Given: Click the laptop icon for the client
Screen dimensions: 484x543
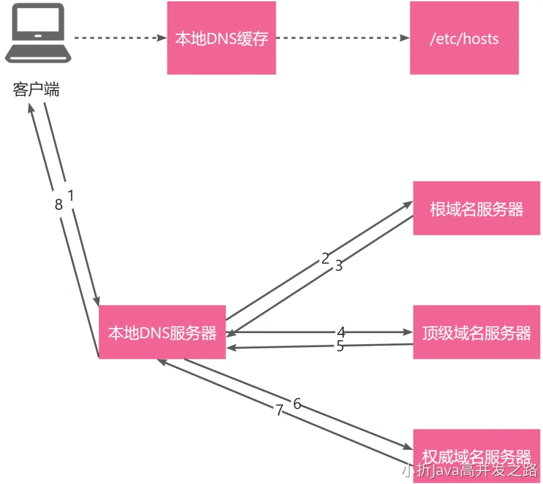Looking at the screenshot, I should pos(38,34).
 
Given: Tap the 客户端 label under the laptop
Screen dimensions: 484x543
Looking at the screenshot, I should pos(36,91).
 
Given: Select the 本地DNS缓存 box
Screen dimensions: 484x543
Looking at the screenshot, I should pos(221,38).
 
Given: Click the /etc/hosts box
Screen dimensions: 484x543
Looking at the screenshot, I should pos(464,38).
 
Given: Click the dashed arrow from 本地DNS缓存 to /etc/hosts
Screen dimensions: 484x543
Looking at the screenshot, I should pos(342,38).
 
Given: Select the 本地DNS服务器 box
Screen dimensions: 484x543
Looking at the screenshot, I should pos(162,333).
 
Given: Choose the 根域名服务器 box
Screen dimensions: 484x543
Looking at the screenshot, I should pos(476,208).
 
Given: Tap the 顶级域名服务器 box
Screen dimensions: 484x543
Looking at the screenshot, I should pos(476,333).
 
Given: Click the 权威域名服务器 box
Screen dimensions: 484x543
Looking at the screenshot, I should pos(476,454).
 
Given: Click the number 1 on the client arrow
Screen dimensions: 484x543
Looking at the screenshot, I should pos(71,196).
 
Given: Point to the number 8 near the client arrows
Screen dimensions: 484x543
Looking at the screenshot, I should pos(58,205).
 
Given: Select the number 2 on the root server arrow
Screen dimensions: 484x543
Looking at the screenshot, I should pos(325,258).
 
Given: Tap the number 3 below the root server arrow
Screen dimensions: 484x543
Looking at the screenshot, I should pos(339,266).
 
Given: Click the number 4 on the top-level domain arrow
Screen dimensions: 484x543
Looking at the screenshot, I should pos(341,333).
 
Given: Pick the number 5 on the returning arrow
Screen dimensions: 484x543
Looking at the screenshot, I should pos(340,346).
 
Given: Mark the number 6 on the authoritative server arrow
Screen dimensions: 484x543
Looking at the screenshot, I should pos(297,404).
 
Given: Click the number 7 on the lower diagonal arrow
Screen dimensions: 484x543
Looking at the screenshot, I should pos(279,411).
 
